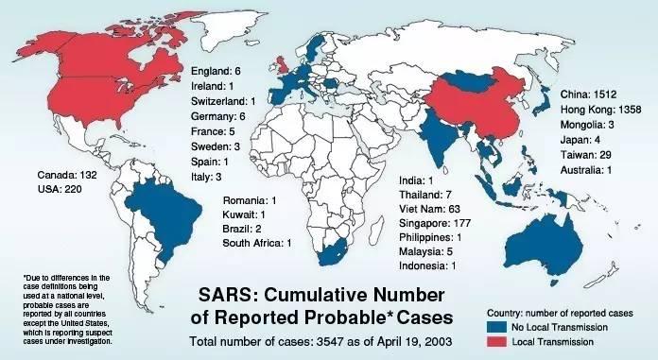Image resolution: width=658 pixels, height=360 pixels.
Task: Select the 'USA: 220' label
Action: pos(61,188)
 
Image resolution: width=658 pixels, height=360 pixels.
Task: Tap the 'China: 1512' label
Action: pos(589,94)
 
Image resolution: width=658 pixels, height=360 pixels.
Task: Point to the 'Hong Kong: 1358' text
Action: pos(602,110)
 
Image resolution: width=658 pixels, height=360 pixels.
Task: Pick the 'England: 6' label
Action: pos(216,71)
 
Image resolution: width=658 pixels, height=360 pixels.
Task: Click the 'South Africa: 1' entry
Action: pos(257,244)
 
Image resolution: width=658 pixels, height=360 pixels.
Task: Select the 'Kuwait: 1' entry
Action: pos(243,215)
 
